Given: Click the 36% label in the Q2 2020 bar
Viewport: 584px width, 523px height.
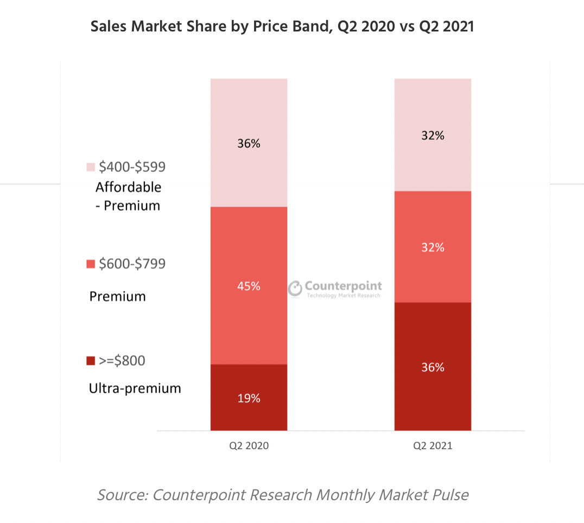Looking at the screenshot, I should (249, 144).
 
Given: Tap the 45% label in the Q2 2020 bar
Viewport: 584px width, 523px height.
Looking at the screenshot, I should (249, 286).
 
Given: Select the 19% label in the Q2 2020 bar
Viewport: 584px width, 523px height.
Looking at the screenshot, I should (249, 398).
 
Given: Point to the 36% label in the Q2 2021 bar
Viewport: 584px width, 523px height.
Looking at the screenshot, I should (433, 367).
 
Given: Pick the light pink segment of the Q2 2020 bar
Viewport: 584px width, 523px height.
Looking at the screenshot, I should (249, 109).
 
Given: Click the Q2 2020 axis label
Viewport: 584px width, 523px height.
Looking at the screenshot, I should (249, 446).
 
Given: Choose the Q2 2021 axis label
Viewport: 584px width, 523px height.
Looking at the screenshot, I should (433, 446).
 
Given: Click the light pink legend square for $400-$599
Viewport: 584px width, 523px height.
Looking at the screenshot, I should (91, 167).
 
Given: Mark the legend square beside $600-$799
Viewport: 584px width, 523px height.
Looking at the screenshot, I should (91, 264).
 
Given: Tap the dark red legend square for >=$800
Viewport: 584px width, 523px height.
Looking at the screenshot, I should (91, 361).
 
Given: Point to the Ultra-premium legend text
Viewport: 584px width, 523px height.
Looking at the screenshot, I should (135, 388).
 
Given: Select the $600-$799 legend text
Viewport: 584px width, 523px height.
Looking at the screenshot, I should (132, 264).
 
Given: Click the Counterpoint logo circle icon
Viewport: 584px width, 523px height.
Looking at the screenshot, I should (295, 288).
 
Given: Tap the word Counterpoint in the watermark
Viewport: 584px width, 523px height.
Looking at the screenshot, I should (343, 286).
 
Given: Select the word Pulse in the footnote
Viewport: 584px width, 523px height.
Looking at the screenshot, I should (449, 495).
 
